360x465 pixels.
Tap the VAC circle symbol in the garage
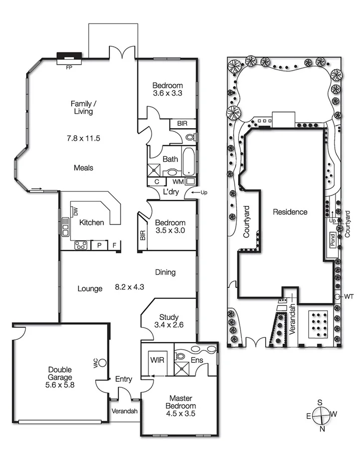(103, 362)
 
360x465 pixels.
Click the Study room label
(168, 317)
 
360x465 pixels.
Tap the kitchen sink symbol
(65, 226)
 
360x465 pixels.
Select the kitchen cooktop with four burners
(81, 245)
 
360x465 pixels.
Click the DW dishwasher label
(75, 212)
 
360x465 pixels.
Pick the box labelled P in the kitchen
(99, 246)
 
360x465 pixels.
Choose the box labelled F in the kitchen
(114, 246)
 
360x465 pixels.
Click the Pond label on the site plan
(331, 239)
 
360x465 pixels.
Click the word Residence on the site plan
(290, 212)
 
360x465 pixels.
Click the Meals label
(83, 168)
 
